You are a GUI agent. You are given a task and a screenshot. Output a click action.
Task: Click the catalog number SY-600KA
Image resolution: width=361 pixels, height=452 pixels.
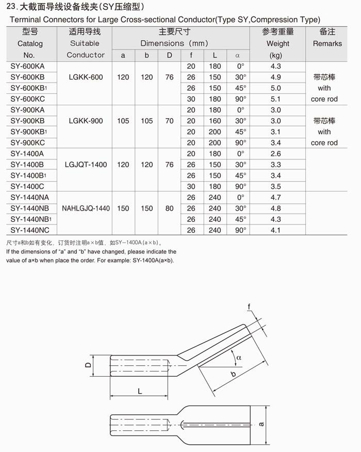[27, 66]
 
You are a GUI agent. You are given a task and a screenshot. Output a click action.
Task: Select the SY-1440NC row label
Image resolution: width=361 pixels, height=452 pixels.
[29, 230]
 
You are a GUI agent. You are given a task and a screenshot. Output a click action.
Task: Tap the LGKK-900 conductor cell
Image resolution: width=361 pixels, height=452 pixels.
[86, 121]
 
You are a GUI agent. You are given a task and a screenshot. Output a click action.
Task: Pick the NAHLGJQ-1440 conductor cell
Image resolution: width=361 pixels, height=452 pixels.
[86, 208]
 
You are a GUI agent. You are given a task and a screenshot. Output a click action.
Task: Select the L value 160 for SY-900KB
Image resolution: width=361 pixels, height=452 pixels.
[215, 121]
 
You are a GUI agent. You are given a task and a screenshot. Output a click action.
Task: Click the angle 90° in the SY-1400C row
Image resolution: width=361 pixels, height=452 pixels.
[240, 186]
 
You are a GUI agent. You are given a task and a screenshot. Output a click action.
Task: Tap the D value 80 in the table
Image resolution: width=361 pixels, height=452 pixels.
[169, 208]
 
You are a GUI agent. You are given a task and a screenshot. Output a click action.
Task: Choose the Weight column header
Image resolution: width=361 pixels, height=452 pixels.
[278, 43]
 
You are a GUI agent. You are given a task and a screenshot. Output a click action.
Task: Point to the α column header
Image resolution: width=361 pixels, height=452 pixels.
[238, 55]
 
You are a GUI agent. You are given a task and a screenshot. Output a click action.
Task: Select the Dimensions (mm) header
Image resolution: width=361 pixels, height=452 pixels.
[174, 43]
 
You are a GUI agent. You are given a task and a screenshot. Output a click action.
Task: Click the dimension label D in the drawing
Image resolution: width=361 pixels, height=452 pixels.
[88, 364]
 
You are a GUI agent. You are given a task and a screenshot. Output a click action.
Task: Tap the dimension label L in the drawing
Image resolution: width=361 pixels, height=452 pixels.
[140, 391]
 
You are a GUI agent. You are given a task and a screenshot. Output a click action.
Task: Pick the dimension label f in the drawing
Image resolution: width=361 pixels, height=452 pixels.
[249, 307]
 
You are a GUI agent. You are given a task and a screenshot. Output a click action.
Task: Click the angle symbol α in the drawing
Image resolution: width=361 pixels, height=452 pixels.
[238, 357]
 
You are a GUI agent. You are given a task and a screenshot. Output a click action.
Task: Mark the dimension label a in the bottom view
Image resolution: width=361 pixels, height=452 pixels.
[261, 424]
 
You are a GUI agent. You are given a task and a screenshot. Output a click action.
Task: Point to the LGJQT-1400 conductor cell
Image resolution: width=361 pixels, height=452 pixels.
[86, 165]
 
